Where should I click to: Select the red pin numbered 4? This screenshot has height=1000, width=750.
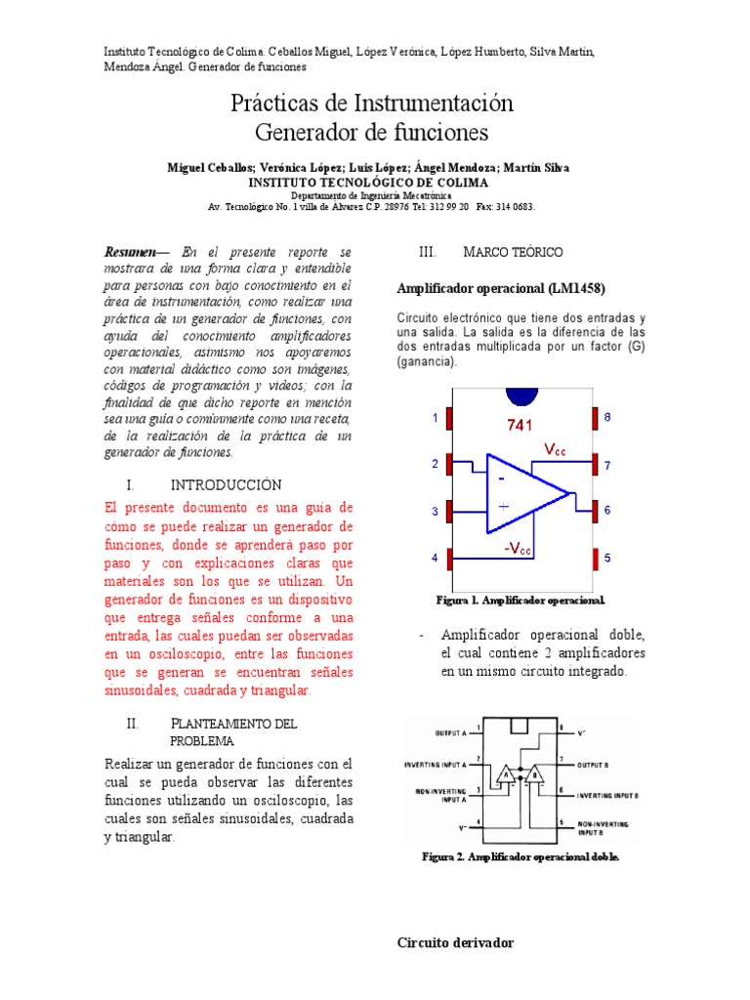point(450,559)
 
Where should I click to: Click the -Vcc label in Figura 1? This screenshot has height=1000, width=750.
point(519,549)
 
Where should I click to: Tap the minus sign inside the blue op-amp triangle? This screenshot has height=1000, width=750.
point(501,479)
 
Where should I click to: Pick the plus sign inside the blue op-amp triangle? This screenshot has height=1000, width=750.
point(503,506)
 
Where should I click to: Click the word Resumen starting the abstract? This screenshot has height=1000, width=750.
point(130,252)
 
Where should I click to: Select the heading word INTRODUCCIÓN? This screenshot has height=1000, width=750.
point(226,485)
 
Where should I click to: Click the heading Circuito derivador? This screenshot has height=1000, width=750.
point(455,942)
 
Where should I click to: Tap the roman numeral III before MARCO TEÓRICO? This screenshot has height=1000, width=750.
point(427,252)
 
